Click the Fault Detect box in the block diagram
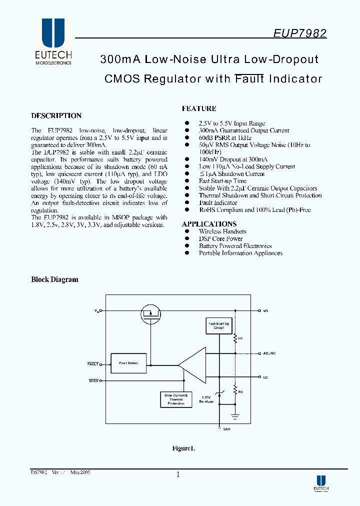click(128, 362)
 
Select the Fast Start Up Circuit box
click(218, 326)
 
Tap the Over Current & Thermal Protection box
click(175, 399)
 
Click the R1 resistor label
click(240, 339)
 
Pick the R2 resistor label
click(240, 391)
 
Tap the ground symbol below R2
click(235, 415)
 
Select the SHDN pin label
click(93, 381)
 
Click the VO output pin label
click(265, 311)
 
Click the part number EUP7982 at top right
click(300, 33)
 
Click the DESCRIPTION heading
click(56, 115)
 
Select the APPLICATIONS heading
click(209, 224)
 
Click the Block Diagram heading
click(54, 279)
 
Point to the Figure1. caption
click(183, 448)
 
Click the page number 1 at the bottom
click(177, 475)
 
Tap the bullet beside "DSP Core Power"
click(187, 238)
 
